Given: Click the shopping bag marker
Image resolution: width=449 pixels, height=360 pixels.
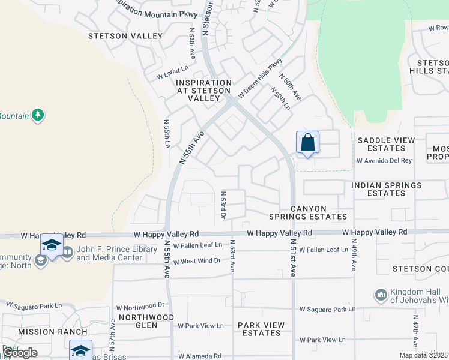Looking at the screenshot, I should coord(307,143).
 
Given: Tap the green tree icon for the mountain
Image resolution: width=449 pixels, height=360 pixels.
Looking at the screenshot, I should coord(38,114).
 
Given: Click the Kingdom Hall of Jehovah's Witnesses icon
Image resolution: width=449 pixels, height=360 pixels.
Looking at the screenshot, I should coord(381,295).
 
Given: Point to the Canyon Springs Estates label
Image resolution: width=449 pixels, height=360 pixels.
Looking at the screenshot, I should coord(318,212).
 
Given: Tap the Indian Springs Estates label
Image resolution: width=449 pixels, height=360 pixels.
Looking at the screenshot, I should coord(387,190).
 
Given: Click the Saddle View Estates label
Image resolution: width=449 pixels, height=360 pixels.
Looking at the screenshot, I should coord(386,144).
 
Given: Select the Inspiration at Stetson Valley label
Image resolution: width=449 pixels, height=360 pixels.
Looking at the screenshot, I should coord(203,90).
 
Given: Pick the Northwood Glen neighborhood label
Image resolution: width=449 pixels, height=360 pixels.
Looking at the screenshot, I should coord(146,321).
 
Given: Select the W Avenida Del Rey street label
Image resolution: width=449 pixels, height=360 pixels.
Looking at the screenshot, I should coord(384,161).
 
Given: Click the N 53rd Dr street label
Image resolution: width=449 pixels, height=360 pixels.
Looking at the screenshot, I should coord(223,205).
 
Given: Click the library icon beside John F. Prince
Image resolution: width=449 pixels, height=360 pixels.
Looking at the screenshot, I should coord(67,253).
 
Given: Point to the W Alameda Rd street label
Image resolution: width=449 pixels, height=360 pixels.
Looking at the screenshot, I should coord(200,356).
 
